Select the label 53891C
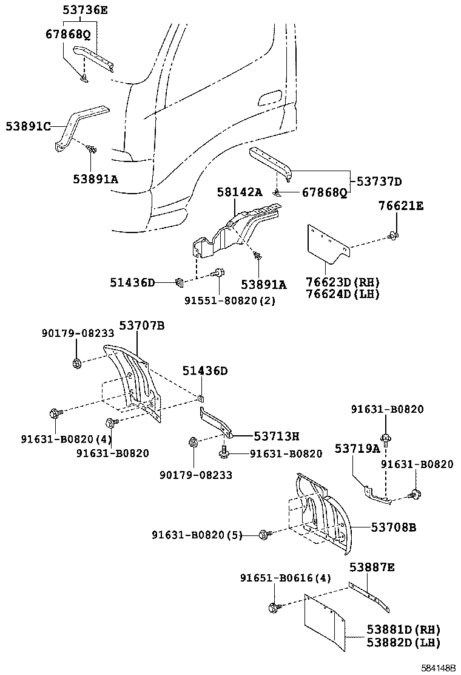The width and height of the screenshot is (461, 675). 28,126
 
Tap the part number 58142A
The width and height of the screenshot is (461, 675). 240,192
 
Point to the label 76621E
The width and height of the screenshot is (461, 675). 402,206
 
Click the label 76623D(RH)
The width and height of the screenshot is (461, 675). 342,283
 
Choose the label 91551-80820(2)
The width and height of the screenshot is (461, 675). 230,300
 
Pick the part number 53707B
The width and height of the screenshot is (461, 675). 141,326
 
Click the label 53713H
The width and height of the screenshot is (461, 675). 277,436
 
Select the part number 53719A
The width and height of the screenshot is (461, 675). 357,448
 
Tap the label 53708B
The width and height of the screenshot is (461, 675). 394,527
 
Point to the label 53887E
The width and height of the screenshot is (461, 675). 372,567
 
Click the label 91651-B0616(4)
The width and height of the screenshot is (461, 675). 285,578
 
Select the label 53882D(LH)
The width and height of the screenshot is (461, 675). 403,642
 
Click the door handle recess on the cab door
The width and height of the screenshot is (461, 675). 269,97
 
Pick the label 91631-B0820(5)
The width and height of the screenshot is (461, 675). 197,535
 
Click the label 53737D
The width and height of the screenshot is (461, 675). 379,181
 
